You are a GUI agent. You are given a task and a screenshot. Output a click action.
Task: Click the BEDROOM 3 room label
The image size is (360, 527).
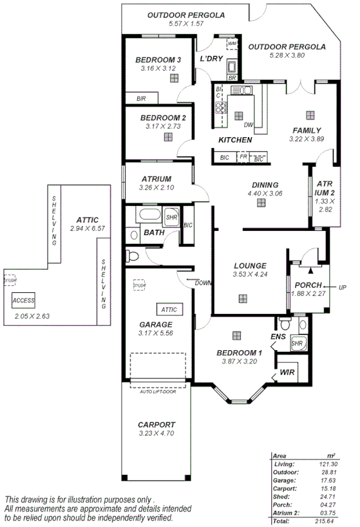[x=158, y=60]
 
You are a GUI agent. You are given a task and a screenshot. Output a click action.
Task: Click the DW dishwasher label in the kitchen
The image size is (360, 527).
[x=249, y=125]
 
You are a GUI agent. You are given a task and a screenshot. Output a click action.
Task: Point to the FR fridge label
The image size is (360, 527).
[x=243, y=156]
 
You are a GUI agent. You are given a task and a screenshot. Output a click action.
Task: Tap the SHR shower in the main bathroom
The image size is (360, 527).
[x=172, y=217]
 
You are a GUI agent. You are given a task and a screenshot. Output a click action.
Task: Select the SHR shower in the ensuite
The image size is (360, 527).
[x=297, y=344]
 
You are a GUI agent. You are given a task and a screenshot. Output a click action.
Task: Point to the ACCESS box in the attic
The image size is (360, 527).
[x=23, y=300]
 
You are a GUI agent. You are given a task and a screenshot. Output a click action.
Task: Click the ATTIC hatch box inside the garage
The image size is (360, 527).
[x=169, y=310]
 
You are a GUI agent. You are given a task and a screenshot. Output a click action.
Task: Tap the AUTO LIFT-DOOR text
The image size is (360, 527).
[x=158, y=391]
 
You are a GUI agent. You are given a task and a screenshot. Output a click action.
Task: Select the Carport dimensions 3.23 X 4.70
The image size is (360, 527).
[x=156, y=434]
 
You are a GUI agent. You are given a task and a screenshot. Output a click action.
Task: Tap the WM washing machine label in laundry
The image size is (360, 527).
[x=232, y=44]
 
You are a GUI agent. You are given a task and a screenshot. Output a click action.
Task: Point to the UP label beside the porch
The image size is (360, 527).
[x=343, y=288]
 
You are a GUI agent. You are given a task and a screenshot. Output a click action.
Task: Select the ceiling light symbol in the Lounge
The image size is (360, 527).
[x=243, y=299]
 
